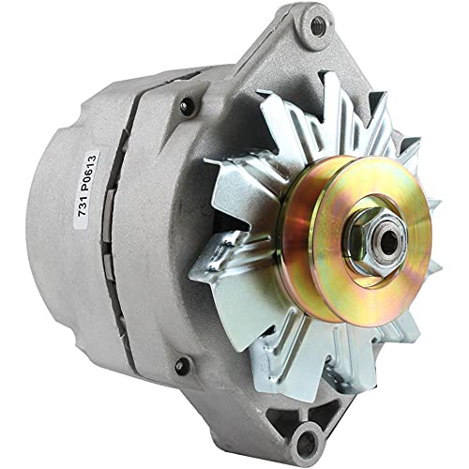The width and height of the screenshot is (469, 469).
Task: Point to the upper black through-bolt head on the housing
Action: (x=183, y=106)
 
